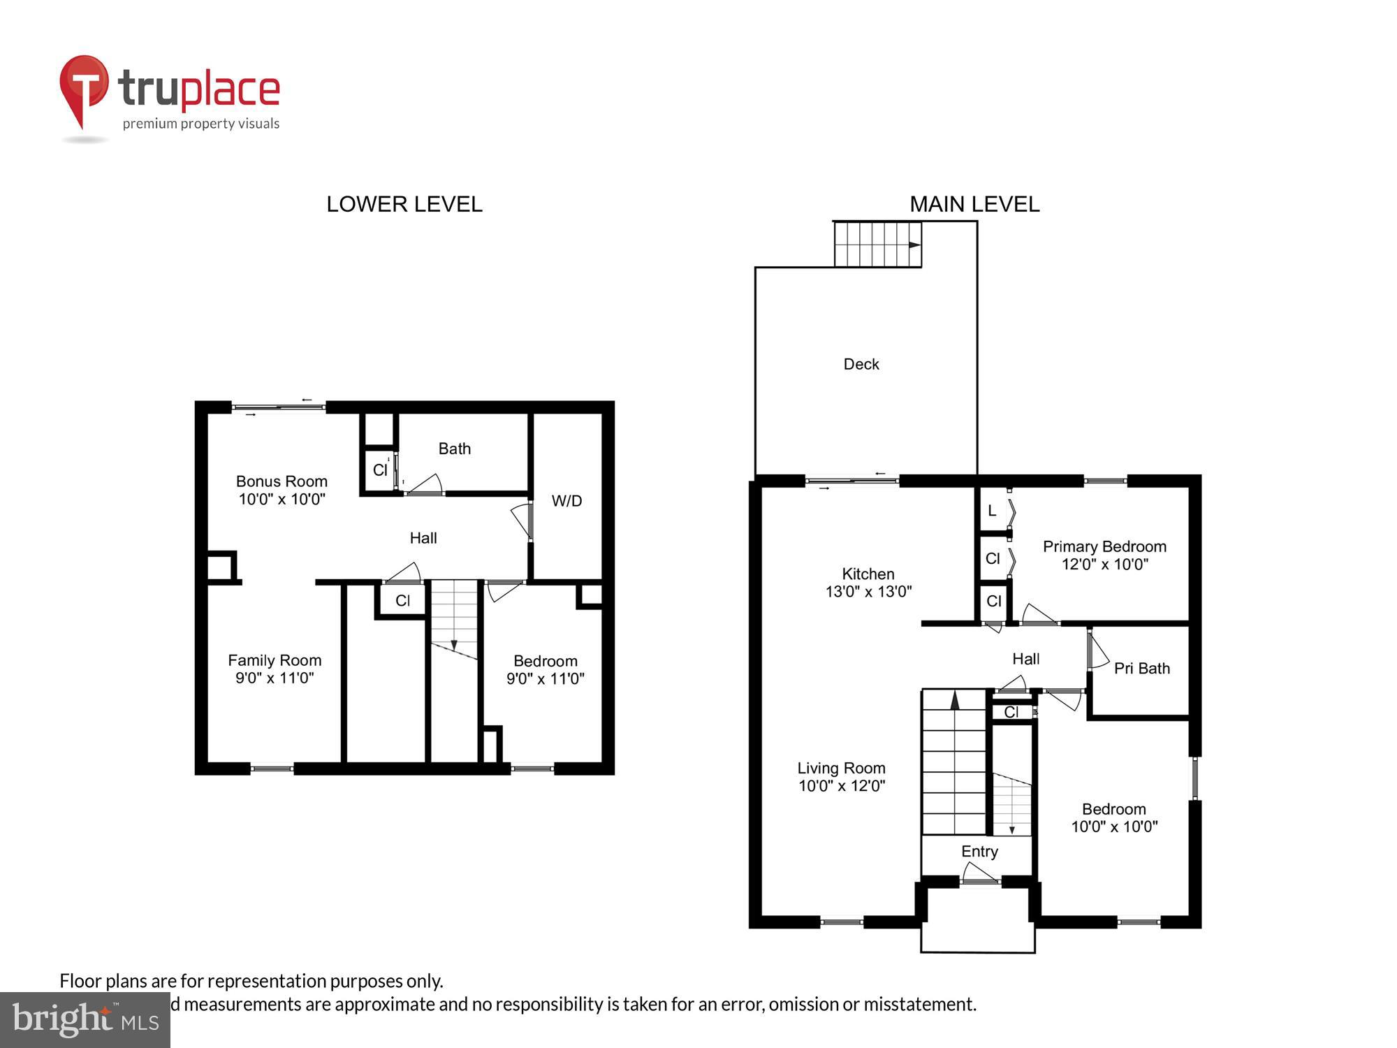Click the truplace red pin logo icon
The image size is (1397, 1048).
[x=84, y=91]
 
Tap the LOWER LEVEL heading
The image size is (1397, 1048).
[x=404, y=204]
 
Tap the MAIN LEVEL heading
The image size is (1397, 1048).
[x=974, y=204]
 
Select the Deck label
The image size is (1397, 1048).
[x=861, y=364]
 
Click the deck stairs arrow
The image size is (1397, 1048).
[x=914, y=245]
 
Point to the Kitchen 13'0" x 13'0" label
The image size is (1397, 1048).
[x=868, y=583]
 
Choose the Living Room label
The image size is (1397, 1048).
[x=842, y=776]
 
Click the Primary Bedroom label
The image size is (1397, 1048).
[x=1104, y=555]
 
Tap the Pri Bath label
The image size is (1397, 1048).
[x=1141, y=669]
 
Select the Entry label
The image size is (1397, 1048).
[x=979, y=851]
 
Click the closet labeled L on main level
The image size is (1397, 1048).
[x=992, y=511]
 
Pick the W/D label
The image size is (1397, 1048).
[x=566, y=501]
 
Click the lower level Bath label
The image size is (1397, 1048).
[x=455, y=449]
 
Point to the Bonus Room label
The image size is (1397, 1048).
[x=281, y=490]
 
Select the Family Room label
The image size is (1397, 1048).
[x=275, y=669]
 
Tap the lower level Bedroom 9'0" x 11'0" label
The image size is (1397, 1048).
[x=545, y=669]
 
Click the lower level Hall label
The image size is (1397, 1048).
[x=423, y=538]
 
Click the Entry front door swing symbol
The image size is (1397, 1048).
[x=979, y=873]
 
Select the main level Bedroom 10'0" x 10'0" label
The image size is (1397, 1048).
[x=1114, y=817]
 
